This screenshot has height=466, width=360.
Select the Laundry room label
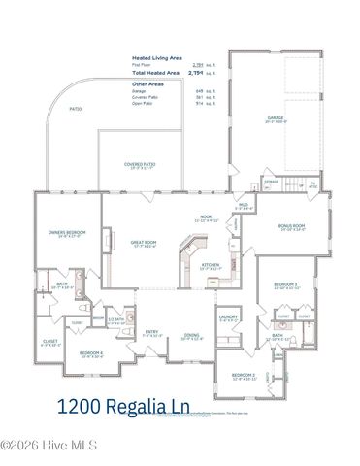point(228,316)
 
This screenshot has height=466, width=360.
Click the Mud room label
point(244,205)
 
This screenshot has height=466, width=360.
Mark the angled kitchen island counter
point(182,260)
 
